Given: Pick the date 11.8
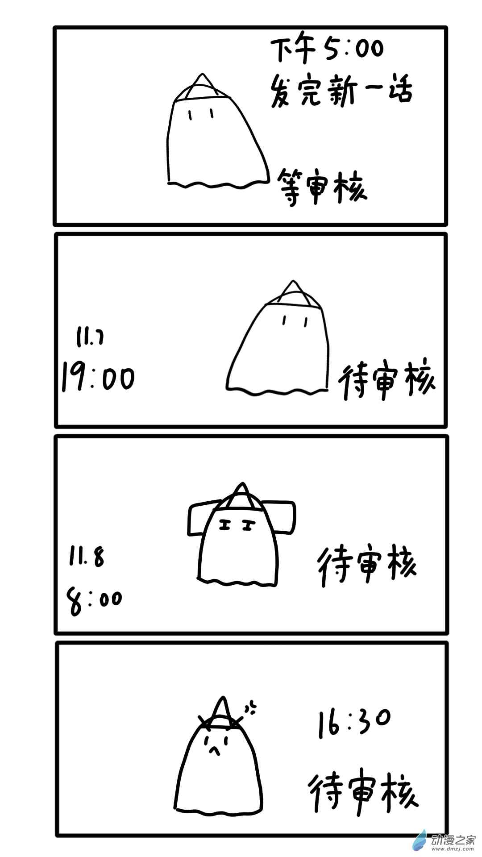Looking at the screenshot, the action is coord(86,557).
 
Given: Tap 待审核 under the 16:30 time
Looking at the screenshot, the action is coord(364,794).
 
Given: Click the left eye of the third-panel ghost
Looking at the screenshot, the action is coord(225,526).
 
